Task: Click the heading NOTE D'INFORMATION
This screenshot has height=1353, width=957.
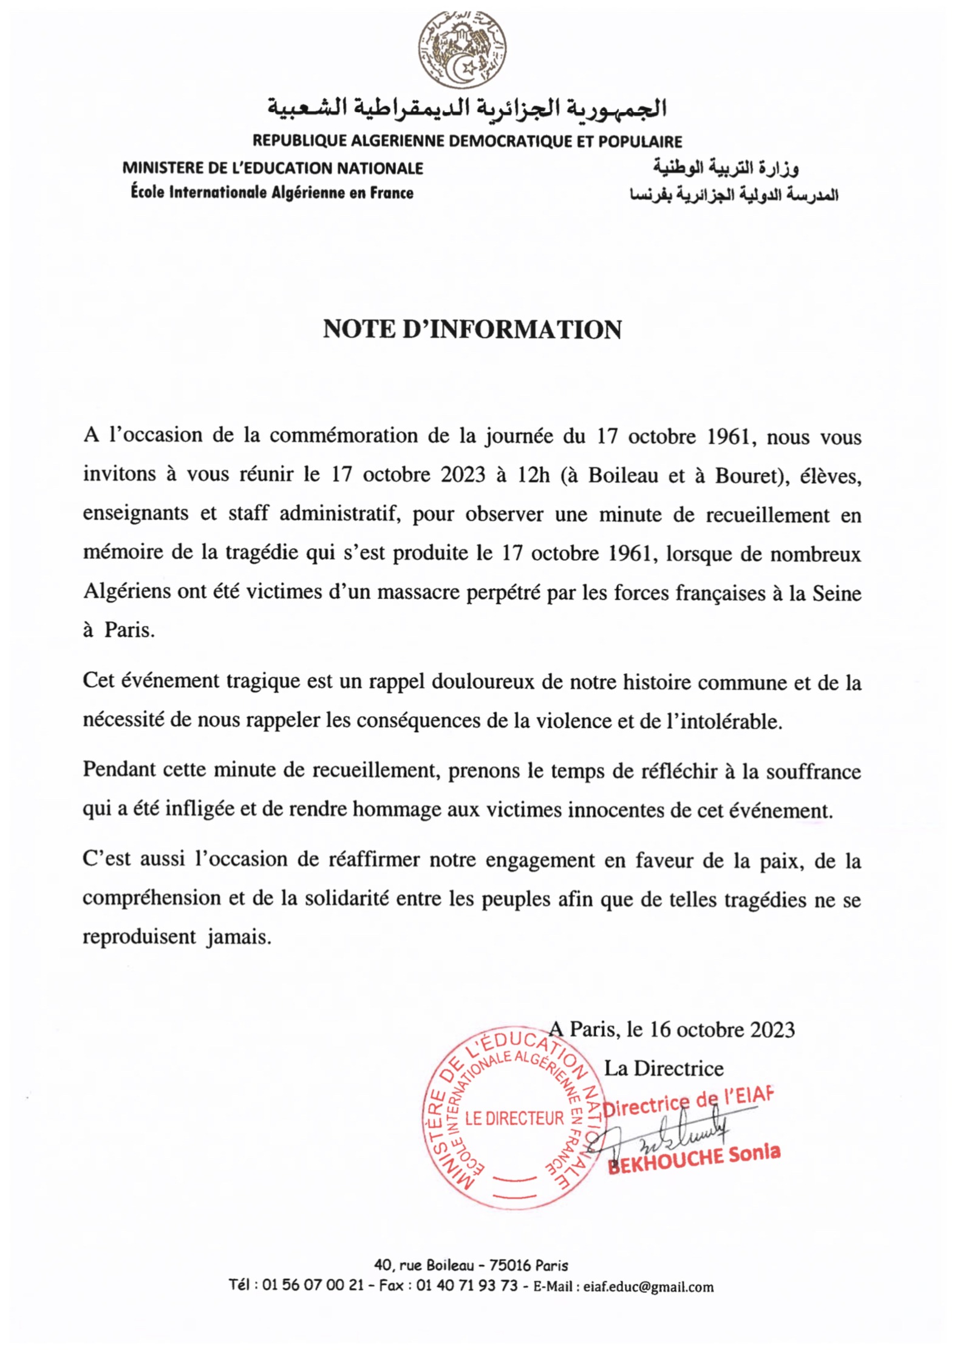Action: (472, 330)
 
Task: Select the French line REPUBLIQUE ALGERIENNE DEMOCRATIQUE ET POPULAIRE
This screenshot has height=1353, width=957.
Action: (467, 141)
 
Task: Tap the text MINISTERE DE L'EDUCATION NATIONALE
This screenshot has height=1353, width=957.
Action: (273, 168)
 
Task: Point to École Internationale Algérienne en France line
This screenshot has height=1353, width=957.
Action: (272, 193)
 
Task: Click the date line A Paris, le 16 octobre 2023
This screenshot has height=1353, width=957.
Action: (672, 1029)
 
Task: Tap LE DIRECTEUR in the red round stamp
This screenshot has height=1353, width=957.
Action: (514, 1118)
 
